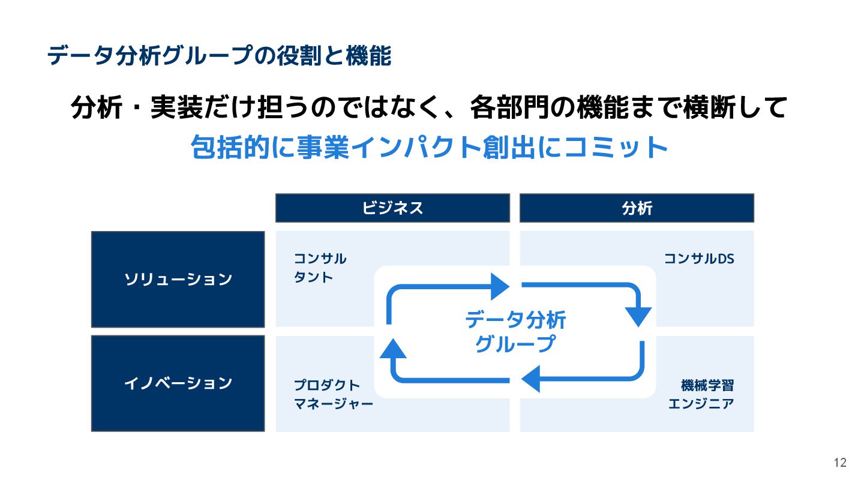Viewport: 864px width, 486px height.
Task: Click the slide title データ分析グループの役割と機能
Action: [219, 56]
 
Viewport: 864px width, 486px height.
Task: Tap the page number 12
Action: [840, 463]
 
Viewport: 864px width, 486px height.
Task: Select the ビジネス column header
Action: [392, 208]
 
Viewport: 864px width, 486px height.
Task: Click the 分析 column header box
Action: [637, 208]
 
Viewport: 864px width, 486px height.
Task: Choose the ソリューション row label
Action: [178, 280]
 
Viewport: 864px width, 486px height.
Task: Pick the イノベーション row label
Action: [178, 383]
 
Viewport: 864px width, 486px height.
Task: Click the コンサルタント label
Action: [320, 268]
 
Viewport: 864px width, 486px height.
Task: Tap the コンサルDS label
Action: [699, 259]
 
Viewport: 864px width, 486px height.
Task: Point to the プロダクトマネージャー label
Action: [333, 394]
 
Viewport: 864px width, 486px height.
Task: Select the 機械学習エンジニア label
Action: [702, 394]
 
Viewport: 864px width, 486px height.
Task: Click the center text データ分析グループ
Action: [515, 332]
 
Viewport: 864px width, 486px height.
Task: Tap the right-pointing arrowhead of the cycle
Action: [499, 286]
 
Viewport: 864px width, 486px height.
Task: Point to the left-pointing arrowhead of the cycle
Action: [531, 379]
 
